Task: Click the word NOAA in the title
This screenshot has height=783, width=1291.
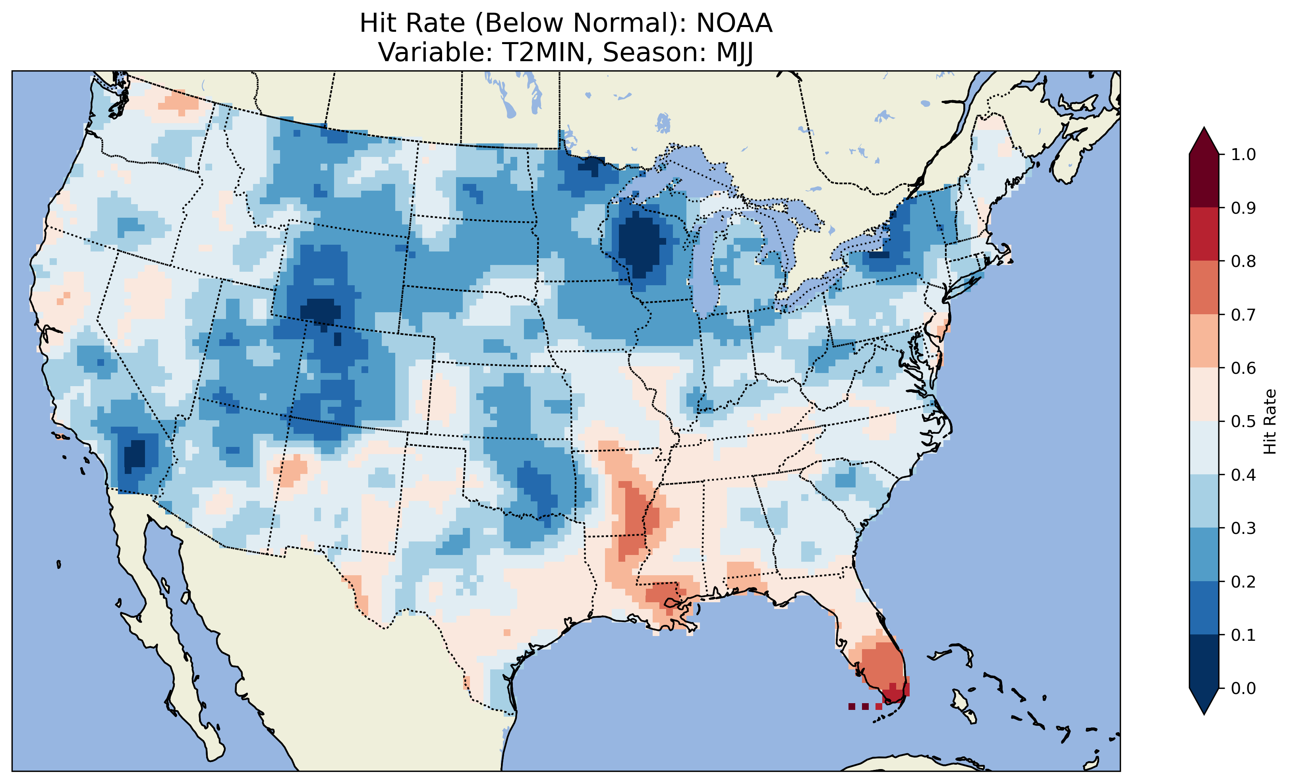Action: [734, 23]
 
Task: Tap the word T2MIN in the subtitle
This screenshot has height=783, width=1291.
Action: [543, 52]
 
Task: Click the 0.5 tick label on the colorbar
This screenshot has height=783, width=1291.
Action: [1243, 421]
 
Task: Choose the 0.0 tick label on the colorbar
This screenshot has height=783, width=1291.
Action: [1243, 688]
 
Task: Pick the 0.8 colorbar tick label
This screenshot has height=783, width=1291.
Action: [1243, 261]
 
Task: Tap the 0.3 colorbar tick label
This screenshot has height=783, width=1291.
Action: [1243, 528]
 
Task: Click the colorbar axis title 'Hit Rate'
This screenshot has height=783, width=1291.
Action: [1270, 421]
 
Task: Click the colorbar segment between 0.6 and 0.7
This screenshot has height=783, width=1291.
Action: [1204, 341]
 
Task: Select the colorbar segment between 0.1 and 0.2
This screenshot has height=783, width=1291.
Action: [1204, 608]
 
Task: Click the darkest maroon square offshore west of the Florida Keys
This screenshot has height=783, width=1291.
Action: [852, 706]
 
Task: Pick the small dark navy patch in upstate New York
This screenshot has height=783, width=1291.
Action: [879, 255]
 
